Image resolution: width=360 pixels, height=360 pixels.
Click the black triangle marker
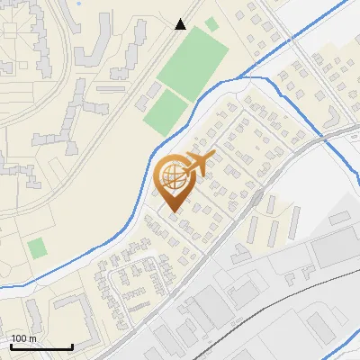181,24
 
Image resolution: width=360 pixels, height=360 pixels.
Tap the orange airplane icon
197,165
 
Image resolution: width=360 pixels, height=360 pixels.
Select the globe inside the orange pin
173,175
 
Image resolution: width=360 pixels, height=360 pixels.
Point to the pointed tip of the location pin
173,211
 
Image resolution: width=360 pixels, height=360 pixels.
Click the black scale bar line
41,346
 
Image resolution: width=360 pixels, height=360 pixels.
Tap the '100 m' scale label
24,338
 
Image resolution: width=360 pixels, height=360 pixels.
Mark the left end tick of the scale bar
11,345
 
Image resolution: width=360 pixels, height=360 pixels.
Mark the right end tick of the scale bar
72,345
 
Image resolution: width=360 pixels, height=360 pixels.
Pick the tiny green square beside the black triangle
211,24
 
